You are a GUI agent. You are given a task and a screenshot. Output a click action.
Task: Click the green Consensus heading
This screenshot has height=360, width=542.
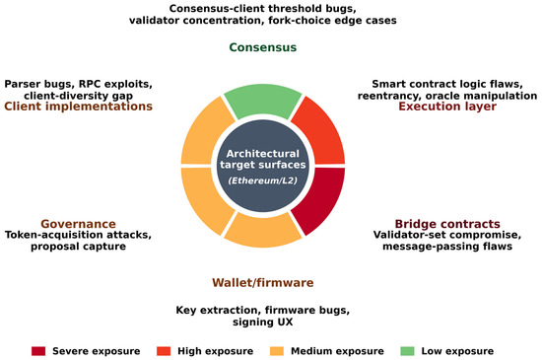263,47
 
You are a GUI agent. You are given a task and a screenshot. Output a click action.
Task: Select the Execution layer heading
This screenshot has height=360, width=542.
447,107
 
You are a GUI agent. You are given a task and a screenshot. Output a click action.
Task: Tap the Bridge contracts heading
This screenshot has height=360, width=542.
447,224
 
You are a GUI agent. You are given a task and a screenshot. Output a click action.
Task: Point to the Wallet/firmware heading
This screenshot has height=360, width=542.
263,282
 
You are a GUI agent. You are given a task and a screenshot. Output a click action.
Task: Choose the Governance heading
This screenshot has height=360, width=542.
78,224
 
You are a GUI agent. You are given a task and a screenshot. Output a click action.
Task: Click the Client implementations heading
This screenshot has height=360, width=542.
78,107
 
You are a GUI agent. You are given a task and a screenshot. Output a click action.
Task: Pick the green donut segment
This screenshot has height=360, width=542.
263,101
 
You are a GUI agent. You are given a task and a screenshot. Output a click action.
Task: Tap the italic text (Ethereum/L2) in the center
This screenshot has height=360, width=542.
263,180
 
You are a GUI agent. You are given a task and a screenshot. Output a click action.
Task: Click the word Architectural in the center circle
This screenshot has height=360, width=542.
263,154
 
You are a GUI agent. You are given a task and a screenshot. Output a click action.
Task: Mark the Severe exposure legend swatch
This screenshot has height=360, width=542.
38,351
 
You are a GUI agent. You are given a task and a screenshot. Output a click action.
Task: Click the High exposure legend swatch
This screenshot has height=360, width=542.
164,351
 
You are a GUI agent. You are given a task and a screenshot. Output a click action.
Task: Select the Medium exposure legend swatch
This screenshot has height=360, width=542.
277,351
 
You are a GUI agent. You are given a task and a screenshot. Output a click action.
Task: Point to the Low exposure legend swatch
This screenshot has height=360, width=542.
407,351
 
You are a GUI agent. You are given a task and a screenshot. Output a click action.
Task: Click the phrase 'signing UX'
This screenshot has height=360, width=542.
263,322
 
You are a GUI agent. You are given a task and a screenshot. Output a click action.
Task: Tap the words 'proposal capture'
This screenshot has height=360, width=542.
78,247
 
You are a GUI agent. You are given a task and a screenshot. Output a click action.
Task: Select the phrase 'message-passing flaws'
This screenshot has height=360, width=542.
447,247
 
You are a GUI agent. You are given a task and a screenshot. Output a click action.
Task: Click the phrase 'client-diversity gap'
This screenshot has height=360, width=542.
78,96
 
